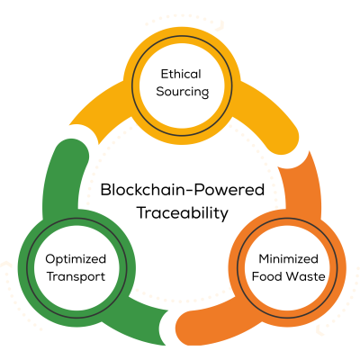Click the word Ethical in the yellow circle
181,74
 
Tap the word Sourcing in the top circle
183,92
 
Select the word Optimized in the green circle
76,259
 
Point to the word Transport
76,276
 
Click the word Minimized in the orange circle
288,258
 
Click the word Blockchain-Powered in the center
183,190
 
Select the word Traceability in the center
183,213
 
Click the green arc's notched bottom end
160,327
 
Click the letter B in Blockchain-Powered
106,190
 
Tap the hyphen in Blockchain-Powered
196,191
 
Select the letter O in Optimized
50,258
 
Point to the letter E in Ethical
165,74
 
